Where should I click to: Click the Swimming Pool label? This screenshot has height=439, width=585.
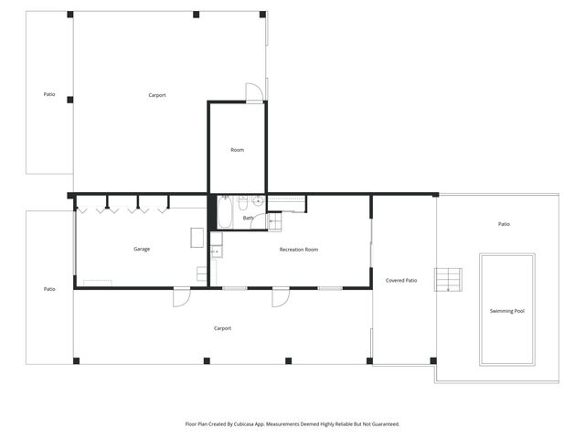506,311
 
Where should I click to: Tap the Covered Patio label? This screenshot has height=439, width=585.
401,281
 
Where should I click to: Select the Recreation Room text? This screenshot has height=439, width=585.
298,249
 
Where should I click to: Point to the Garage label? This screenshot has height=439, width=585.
142,249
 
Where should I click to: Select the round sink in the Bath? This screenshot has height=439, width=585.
258,201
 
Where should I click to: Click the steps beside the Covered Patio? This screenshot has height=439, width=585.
448,280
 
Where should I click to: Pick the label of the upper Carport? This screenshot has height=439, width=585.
156,95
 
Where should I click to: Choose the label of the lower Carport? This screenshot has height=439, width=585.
222,327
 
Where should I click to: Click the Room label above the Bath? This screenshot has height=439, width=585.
237,150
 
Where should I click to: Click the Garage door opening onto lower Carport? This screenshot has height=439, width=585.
181,296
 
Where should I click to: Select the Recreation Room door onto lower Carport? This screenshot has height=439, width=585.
281,296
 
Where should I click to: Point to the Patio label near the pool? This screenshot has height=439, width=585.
504,224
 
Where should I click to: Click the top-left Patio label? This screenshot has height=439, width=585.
49,94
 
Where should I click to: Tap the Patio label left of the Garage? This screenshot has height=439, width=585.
49,289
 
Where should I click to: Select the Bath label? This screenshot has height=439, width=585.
248,218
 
